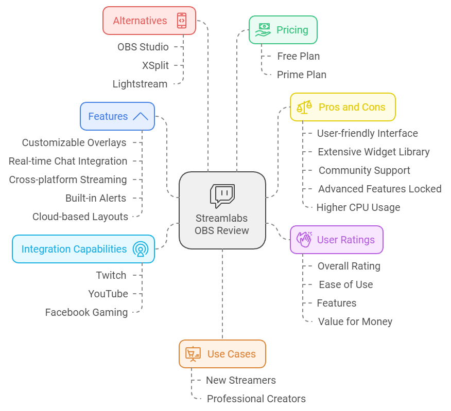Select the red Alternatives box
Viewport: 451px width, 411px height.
click(x=149, y=21)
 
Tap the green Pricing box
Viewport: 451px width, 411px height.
click(x=283, y=30)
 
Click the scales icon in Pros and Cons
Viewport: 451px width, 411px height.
click(x=304, y=107)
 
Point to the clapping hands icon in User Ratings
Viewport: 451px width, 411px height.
click(x=304, y=240)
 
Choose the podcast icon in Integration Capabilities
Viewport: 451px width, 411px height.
click(x=140, y=249)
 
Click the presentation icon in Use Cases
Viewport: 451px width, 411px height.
click(x=193, y=354)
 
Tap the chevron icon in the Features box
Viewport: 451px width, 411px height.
click(x=140, y=116)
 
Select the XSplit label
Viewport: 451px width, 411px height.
click(x=155, y=65)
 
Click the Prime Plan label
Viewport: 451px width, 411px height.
click(x=301, y=75)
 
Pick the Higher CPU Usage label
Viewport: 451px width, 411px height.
click(x=358, y=207)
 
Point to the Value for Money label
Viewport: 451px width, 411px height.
click(x=355, y=321)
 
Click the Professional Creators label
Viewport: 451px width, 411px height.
click(x=256, y=399)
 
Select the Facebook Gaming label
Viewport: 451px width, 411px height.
click(x=86, y=312)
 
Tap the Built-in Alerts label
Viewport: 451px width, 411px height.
click(x=95, y=198)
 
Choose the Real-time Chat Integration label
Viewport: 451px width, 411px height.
click(x=67, y=161)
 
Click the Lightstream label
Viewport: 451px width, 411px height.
click(x=140, y=84)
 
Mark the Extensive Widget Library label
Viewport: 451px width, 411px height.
click(x=373, y=152)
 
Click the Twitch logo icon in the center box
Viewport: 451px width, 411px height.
click(x=222, y=196)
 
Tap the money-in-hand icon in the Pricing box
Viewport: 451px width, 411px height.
click(x=263, y=30)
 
